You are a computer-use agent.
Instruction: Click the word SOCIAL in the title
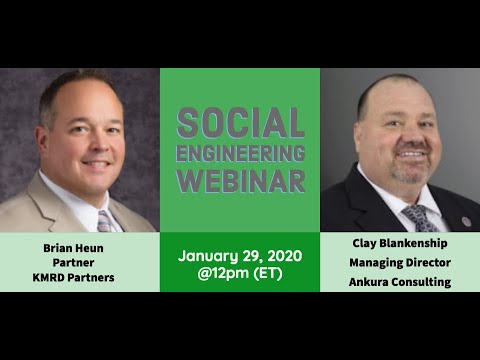click(x=240, y=123)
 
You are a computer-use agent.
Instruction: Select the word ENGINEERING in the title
click(x=240, y=153)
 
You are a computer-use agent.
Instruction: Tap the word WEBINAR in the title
click(x=240, y=181)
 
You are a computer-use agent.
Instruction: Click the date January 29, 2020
click(x=240, y=256)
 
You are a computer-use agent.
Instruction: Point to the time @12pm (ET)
click(x=240, y=273)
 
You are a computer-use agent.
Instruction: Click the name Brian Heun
click(x=73, y=248)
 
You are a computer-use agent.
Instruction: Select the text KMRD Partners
click(x=73, y=277)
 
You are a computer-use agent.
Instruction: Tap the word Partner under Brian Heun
click(x=73, y=263)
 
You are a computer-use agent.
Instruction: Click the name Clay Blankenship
click(x=400, y=243)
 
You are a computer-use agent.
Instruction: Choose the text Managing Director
click(x=400, y=263)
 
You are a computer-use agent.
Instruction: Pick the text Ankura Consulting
click(x=400, y=282)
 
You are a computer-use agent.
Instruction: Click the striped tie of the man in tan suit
click(x=106, y=221)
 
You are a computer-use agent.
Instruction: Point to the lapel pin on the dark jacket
click(x=466, y=221)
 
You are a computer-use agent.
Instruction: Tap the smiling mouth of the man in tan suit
click(x=97, y=164)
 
